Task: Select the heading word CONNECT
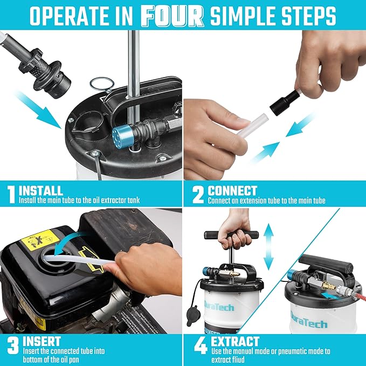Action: tap(232, 190)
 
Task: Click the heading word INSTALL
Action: tap(41, 190)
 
